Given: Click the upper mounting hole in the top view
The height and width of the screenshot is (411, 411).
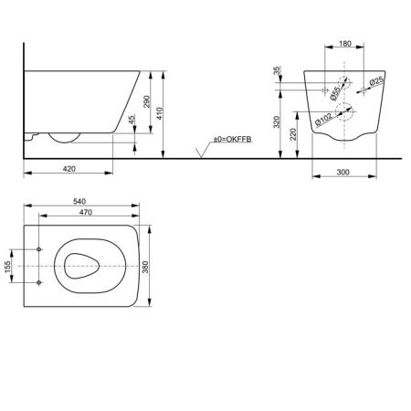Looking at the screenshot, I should [x=40, y=249].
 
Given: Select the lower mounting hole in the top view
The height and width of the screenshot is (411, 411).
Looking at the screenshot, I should [x=40, y=282].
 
